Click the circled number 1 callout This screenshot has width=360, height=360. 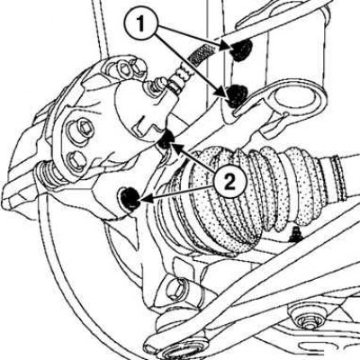tap(140, 23)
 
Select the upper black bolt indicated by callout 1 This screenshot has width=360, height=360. tap(241, 49)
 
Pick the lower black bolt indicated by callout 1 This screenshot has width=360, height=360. tap(237, 96)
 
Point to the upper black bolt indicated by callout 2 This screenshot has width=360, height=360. tap(166, 139)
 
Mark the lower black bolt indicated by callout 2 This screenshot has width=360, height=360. tap(130, 197)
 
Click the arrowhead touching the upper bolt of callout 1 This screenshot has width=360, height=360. tap(227, 47)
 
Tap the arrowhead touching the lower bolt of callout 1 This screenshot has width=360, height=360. tap(223, 91)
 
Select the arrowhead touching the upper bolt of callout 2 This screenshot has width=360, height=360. tap(176, 148)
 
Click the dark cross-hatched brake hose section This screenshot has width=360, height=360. tap(201, 54)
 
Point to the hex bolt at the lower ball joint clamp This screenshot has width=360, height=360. tap(175, 289)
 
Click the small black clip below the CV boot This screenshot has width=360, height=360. tap(296, 235)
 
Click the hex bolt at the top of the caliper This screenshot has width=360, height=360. tap(122, 68)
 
